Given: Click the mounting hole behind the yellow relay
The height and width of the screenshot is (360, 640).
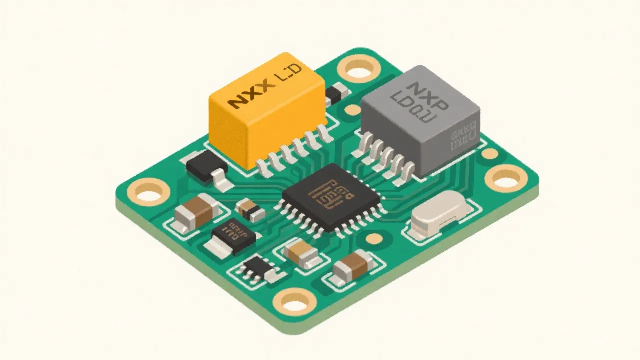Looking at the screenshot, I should [x=359, y=70].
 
